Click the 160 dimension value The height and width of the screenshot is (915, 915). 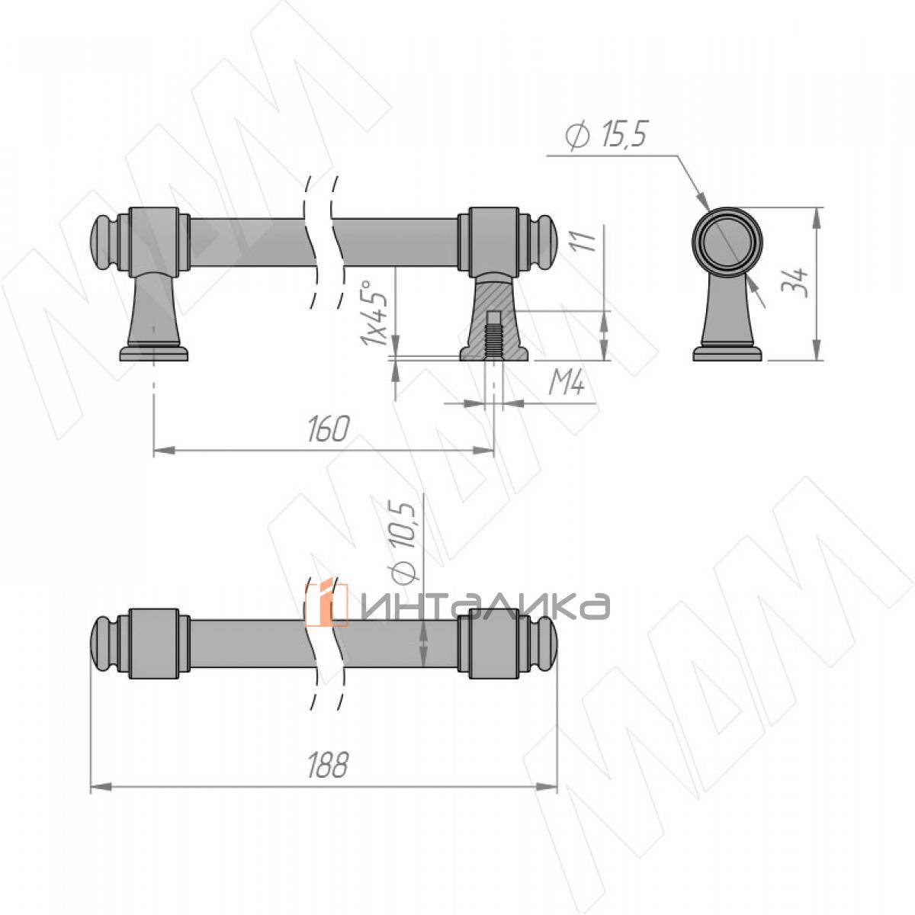tap(329, 429)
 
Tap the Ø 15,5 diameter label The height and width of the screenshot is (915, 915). tap(607, 135)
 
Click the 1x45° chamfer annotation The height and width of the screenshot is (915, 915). tap(373, 313)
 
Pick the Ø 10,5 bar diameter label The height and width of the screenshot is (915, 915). tap(403, 542)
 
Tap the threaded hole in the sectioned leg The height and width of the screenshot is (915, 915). tap(494, 335)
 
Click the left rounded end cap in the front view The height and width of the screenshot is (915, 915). tap(100, 244)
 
